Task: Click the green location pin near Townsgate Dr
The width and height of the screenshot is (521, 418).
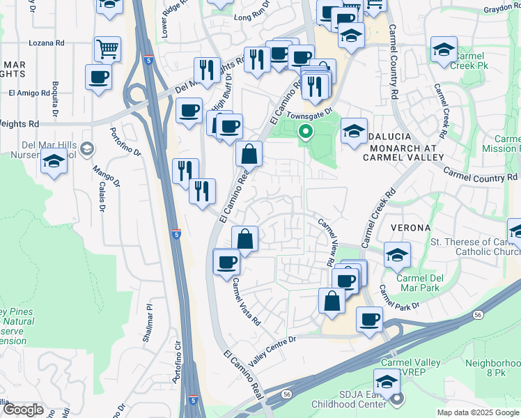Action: click(x=305, y=130)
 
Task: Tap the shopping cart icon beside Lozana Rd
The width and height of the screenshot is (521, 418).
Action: click(x=108, y=49)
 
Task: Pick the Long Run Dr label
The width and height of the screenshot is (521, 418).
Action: click(x=251, y=17)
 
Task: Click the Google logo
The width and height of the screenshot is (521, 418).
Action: click(x=23, y=410)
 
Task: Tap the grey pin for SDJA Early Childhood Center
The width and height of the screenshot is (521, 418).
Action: click(x=397, y=399)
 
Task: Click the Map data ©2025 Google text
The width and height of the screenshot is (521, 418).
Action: click(x=478, y=412)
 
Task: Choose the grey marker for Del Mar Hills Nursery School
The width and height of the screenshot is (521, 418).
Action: click(x=86, y=148)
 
